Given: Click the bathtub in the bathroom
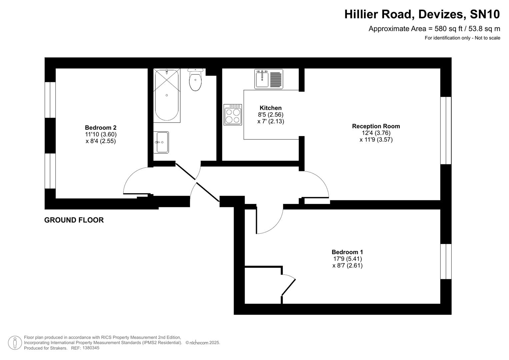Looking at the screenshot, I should tap(167, 95).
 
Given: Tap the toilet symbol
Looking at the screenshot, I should tap(195, 80).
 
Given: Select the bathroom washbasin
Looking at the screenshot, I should tap(162, 142).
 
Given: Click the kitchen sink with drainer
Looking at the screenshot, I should tap(269, 79).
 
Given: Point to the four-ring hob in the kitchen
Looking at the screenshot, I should tap(233, 115).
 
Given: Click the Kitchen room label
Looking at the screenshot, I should tap(270, 108).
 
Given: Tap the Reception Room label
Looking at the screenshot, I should tap(376, 126).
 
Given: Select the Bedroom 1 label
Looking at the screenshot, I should tap(347, 252).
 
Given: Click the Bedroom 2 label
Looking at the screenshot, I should tap(101, 127).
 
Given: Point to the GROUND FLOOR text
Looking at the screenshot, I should tap(74, 220).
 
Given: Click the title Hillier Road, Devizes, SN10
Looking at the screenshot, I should tap(422, 14).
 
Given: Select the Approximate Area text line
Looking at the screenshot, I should tap(434, 29).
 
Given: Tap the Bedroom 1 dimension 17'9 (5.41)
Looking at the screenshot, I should tap(347, 259).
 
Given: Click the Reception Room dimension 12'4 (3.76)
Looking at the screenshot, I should tap(376, 133).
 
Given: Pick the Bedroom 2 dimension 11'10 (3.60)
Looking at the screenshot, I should tap(101, 134).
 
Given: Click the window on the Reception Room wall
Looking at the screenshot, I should tap(446, 130).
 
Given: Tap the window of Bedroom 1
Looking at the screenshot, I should tap(446, 261).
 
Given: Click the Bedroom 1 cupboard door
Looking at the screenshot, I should tap(289, 287).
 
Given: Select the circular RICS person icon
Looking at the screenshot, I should tap(15, 343).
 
